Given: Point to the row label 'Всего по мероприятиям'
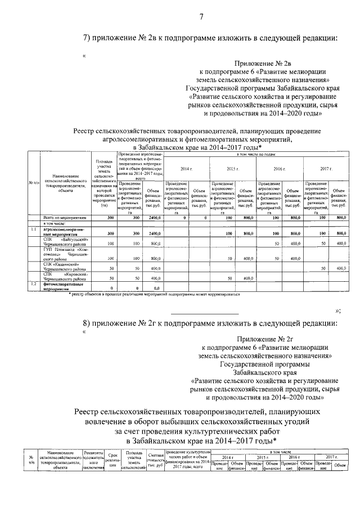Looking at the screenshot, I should click(65, 217).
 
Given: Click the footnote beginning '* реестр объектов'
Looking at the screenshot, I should click(154, 294).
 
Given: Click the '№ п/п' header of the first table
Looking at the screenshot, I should click(33, 183).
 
